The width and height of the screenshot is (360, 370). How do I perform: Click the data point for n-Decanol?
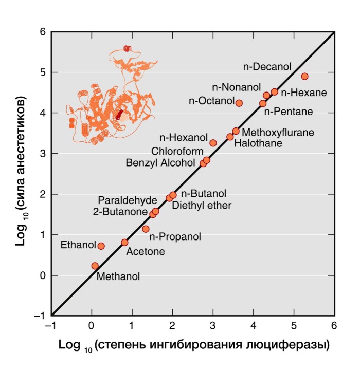pyautogui.click(x=304, y=76)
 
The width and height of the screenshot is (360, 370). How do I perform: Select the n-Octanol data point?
pyautogui.click(x=239, y=103)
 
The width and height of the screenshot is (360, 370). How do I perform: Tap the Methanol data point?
pyautogui.click(x=95, y=266)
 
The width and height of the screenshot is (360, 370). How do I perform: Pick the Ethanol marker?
pyautogui.click(x=101, y=246)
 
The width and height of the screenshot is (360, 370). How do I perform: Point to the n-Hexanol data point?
pyautogui.click(x=213, y=143)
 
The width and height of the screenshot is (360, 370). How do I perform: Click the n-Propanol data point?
pyautogui.click(x=146, y=229)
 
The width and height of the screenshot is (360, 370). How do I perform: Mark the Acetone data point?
pyautogui.click(x=124, y=243)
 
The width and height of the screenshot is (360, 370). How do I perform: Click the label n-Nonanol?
pyautogui.click(x=237, y=86)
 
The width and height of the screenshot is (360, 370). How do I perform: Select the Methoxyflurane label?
pyautogui.click(x=278, y=133)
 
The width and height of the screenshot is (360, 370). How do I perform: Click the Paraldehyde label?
pyautogui.click(x=124, y=199)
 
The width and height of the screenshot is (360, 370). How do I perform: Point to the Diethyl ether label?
pyautogui.click(x=202, y=206)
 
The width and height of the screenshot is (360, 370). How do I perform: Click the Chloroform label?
pyautogui.click(x=173, y=152)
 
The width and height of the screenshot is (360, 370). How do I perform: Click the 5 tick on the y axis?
pyautogui.click(x=43, y=72)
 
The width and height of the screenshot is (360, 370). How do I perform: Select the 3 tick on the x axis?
pyautogui.click(x=213, y=325)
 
